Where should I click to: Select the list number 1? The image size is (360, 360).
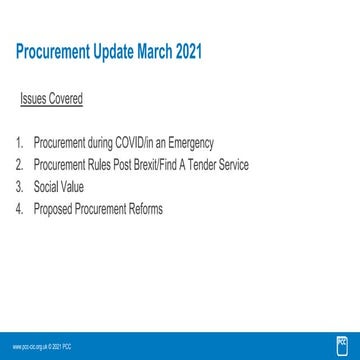pos(21,144)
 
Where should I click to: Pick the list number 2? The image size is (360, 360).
pos(21,162)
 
